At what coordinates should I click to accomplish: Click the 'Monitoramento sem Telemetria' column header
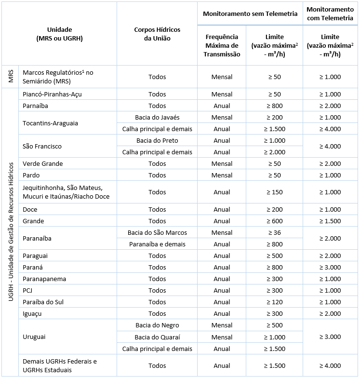[x=250, y=14]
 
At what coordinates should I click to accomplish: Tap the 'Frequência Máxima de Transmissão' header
[x=222, y=45]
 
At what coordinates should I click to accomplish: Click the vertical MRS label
[x=10, y=77]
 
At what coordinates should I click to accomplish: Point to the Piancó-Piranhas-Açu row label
[x=52, y=94]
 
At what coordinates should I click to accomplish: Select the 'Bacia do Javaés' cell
[x=157, y=117]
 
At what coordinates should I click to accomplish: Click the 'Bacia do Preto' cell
[x=157, y=140]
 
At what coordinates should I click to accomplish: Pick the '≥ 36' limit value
[x=274, y=232]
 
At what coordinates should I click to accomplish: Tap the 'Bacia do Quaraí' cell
[x=157, y=337]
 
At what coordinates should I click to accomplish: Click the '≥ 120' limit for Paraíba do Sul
[x=274, y=302]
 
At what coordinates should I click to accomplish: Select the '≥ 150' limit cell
[x=274, y=192]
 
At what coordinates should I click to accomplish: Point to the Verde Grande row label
[x=43, y=163]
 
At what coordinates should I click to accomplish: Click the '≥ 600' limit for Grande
[x=274, y=221]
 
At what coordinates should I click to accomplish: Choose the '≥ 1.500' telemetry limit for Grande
[x=330, y=221]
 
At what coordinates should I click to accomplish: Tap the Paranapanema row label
[x=44, y=279]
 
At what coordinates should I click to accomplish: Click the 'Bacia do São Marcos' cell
[x=157, y=232]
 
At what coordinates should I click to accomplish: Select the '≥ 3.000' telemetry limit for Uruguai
[x=330, y=337]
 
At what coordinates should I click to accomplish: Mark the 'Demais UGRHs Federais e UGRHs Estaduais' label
[x=60, y=365]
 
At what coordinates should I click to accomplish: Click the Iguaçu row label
[x=32, y=313]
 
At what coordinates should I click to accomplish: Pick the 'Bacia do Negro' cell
[x=157, y=325]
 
